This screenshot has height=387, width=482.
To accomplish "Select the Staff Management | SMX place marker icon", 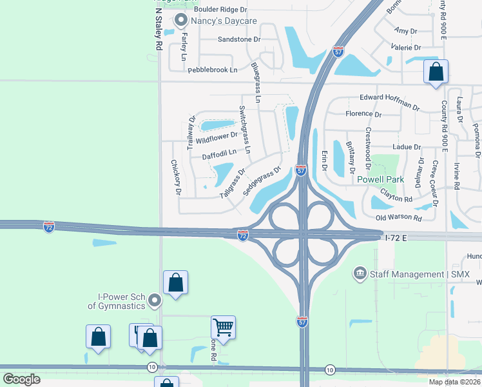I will pos(359,274).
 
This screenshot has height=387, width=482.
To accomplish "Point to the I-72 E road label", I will pos(396,238).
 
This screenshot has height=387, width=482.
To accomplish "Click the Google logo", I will pos(21,379).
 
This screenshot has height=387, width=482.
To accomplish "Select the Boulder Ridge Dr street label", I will pos(220,9).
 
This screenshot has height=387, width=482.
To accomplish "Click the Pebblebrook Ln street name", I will pos(213,70).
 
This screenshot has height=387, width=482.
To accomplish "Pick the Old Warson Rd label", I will pos(398,218).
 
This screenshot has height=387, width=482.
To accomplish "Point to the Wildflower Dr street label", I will pos(217,137).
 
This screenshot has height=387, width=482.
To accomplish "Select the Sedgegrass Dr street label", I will pos(262,182).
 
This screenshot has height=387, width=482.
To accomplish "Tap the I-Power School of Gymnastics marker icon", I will pos(154,300).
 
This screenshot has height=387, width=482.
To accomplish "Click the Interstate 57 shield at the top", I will pos(338,51).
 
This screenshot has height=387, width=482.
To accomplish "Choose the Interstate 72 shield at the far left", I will pos(49,226).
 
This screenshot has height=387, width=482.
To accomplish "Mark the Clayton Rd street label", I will pos(396,195).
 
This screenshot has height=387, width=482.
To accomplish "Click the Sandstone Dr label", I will pos(239,39).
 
